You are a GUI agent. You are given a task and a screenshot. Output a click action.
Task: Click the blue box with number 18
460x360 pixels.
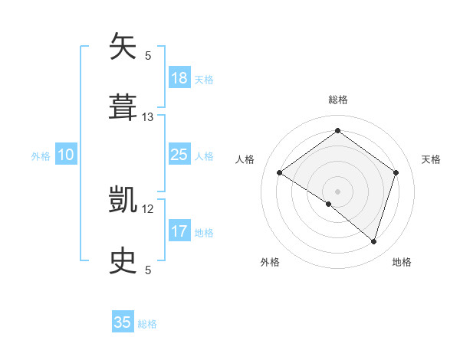179,78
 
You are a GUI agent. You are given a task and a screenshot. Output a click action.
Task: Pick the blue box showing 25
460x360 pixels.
179,155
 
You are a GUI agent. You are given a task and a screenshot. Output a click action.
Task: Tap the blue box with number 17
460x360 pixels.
179,231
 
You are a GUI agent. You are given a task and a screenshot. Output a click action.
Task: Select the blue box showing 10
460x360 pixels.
66,155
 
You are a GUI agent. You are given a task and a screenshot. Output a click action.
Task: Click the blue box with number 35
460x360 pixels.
123,322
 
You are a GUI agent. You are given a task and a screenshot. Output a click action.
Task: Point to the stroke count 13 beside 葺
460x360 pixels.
148,117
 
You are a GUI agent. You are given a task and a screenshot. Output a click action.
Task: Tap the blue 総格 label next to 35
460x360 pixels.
147,324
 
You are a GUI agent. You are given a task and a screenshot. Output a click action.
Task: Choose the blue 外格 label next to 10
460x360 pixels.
41,156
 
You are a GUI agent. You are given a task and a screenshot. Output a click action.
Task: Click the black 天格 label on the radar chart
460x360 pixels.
431,159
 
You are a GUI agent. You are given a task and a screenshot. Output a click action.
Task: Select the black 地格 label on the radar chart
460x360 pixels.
402,262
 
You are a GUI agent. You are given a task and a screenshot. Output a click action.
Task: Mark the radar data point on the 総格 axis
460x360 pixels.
337,131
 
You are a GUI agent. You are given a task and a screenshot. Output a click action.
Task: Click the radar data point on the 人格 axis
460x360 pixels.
280,172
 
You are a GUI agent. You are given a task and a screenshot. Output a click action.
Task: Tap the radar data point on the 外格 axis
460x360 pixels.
329,204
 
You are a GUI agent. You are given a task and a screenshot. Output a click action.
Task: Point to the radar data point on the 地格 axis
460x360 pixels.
373,241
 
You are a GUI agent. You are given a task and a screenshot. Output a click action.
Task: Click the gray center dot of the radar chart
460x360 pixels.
337,191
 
